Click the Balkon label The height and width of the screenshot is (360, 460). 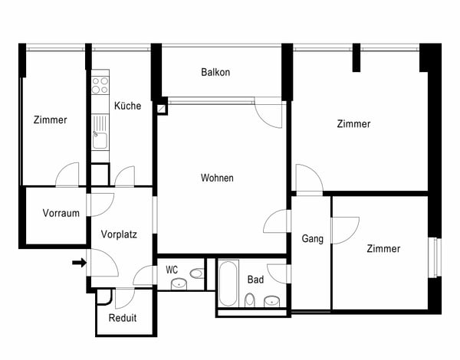pos(215,73)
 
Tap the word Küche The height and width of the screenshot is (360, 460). pos(127,106)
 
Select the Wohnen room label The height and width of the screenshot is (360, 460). pos(217,178)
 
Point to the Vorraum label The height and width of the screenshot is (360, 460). pos(61,213)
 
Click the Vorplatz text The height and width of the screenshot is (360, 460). pos(119,234)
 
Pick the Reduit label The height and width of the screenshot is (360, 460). pos(123,318)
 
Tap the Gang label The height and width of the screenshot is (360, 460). pos(312,239)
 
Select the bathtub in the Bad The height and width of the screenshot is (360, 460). pos(228,283)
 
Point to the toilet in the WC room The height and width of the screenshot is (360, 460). pos(196,273)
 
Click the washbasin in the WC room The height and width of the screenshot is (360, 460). pos(179,284)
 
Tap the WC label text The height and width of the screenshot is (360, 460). pos(172,270)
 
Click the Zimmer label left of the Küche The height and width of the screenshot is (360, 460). pos(51,120)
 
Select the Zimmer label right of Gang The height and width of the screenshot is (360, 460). pos(383,249)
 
